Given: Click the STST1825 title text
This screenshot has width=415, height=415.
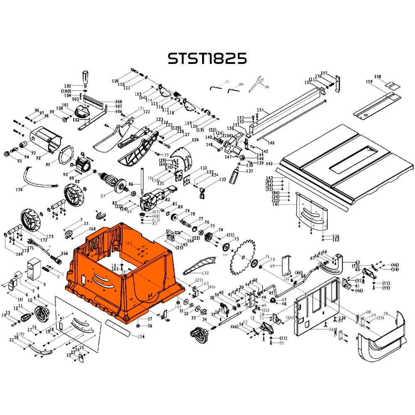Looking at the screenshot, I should click(x=207, y=59).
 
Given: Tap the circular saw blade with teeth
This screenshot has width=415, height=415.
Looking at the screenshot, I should click(x=247, y=257).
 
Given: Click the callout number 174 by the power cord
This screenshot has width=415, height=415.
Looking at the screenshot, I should click(x=18, y=190).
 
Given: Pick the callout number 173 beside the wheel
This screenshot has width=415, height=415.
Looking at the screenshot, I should click(x=50, y=237).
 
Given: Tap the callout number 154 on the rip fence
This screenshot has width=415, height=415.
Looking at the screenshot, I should click(x=260, y=110).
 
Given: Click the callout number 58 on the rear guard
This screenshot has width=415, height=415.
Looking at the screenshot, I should click(x=386, y=313).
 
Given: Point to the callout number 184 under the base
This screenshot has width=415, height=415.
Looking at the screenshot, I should click(x=141, y=336).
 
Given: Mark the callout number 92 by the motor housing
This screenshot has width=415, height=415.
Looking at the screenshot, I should click(x=38, y=158).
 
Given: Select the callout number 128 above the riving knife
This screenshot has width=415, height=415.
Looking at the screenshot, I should click(x=195, y=141).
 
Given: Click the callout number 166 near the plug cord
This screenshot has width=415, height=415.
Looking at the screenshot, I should click(x=65, y=253).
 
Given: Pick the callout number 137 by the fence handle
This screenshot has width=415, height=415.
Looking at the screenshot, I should click(x=249, y=171).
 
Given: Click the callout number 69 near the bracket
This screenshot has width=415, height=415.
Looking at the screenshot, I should click(x=273, y=265).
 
